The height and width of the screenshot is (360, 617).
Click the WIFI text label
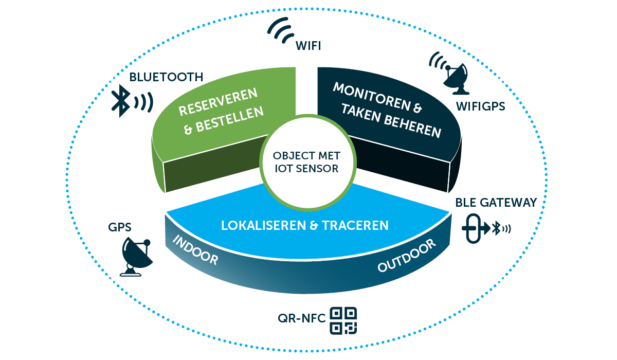[308, 46]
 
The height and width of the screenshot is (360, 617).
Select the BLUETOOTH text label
[166, 77]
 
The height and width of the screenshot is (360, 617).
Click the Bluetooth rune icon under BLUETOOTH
[121, 101]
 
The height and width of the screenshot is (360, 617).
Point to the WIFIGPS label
[480, 107]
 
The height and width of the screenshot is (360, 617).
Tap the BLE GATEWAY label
[496, 203]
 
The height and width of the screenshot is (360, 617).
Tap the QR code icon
[343, 320]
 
